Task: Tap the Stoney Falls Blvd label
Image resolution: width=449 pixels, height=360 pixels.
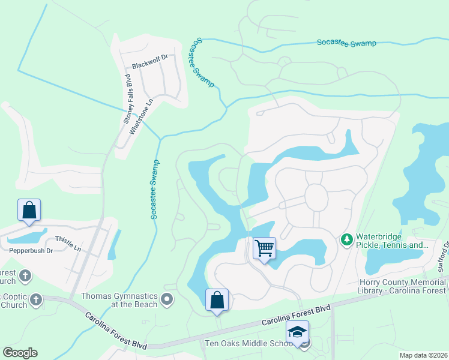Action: [127, 99]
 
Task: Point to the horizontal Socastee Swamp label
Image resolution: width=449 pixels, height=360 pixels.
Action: [346, 43]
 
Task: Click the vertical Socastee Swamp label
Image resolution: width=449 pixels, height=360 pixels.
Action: [154, 188]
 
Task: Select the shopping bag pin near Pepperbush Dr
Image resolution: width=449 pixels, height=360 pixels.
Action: [29, 211]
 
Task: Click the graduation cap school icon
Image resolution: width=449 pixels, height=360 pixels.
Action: [297, 332]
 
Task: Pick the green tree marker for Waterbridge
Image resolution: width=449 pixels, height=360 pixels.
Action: [346, 240]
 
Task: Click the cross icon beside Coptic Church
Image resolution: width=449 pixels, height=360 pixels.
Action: [35, 299]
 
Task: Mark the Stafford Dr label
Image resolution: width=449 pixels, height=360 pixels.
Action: [442, 256]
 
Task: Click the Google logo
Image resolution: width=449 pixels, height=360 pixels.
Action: [20, 353]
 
